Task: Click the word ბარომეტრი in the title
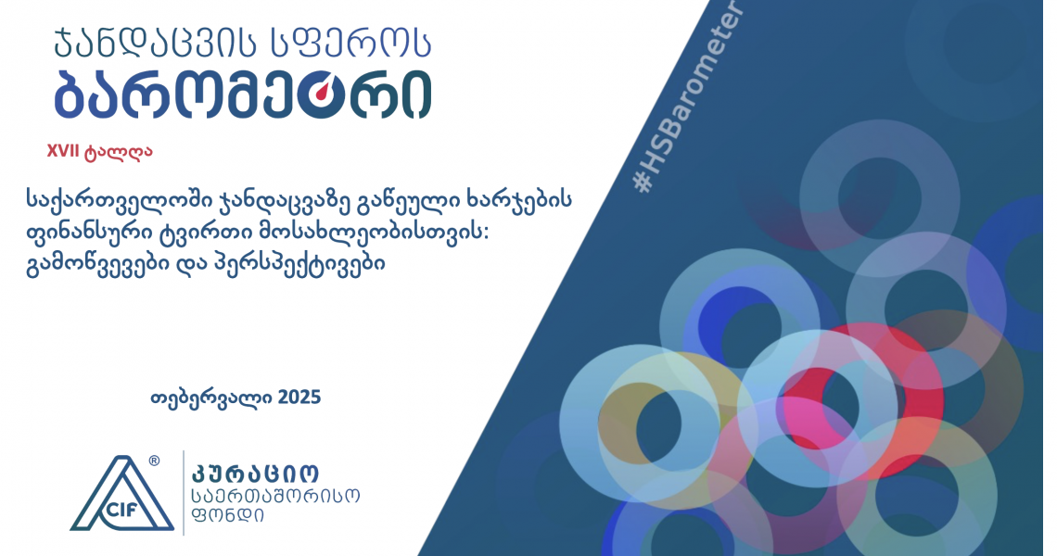243,95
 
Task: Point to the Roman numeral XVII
63,151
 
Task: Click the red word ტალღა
119,152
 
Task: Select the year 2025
299,397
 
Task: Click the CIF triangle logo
121,494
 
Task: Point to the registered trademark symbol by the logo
154,461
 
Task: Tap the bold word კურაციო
256,474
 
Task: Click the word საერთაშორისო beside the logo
276,496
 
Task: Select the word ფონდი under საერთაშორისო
228,515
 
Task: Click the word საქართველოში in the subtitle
119,201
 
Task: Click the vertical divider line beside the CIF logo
184,493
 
